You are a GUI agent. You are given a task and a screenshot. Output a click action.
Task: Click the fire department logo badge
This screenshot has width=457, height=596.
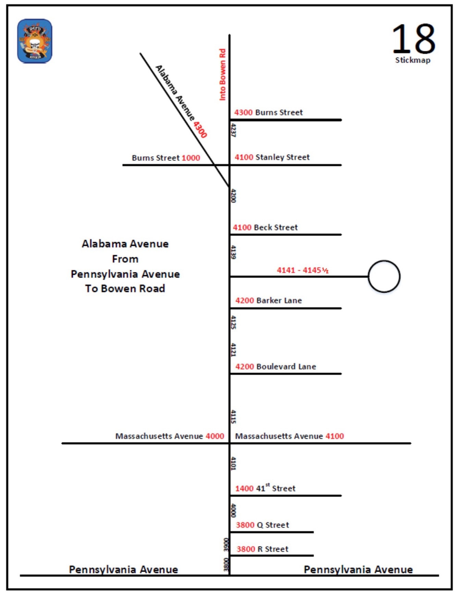coord(35,41)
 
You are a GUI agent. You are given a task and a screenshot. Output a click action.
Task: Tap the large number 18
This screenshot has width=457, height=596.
coord(413,39)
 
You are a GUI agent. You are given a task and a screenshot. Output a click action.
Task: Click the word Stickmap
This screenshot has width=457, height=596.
coord(412,60)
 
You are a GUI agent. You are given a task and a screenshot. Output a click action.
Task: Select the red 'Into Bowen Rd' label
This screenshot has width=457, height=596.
coord(222,74)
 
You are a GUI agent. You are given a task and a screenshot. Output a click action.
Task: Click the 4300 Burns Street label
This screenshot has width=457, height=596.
coord(268,112)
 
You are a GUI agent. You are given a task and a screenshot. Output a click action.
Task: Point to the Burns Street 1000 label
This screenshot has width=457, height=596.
coord(166,158)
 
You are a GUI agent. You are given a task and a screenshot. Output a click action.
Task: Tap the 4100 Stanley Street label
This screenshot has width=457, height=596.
coord(272,157)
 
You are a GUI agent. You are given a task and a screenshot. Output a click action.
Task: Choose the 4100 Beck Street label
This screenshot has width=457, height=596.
coord(265,227)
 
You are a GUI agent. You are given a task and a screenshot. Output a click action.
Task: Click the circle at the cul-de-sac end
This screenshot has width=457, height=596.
coord(384,276)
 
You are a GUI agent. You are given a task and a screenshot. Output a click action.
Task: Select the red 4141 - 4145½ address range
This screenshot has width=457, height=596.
coord(302,270)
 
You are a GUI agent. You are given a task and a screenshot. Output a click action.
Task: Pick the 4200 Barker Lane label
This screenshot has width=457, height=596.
coord(268,300)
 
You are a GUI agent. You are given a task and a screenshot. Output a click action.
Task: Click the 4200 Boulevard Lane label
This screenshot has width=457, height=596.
coord(275,367)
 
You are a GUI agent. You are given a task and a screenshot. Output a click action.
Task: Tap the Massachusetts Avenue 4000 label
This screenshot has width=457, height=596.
coord(170,436)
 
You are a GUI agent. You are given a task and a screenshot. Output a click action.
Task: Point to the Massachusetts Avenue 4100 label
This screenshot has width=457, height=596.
coord(289,436)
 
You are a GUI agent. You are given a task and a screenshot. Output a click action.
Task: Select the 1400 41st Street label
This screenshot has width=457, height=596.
coord(265,488)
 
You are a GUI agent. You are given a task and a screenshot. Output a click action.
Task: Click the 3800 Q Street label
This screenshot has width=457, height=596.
coord(262,525)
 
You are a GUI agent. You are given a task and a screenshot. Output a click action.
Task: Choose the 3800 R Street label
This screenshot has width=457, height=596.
coord(262,549)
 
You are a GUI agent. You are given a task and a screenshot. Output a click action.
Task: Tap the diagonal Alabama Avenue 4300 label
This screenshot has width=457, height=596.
coord(181,102)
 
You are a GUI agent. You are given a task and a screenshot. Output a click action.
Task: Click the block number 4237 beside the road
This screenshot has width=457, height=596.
coord(233,130)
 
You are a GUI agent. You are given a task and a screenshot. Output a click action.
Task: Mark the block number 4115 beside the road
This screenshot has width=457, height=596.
coord(233,417)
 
